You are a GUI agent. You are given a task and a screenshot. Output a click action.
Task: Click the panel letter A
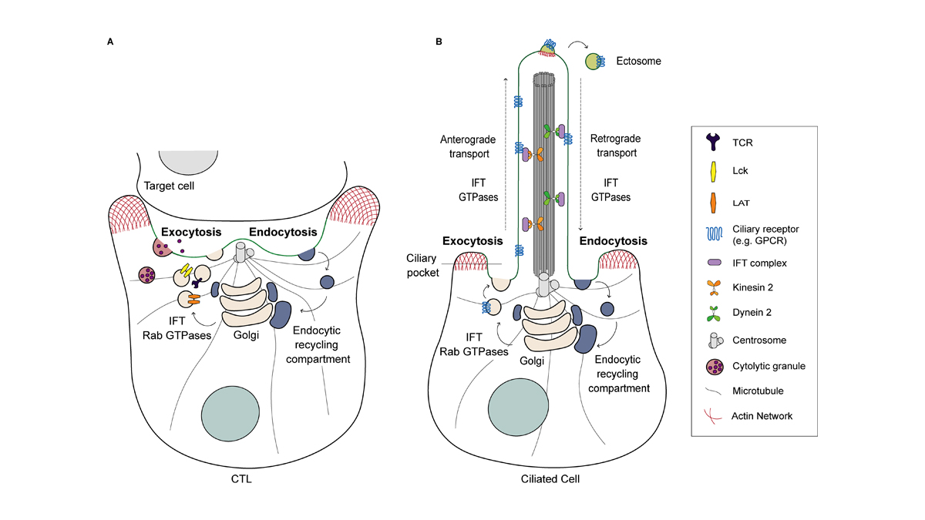(x=109, y=42)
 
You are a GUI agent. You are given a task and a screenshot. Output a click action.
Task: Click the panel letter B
(x=439, y=42)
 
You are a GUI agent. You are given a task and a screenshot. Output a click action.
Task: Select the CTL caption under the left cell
(x=241, y=479)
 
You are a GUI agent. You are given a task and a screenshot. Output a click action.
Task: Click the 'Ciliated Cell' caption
(x=550, y=479)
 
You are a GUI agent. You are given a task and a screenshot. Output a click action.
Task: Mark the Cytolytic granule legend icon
(x=715, y=366)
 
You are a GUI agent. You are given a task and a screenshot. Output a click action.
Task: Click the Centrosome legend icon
(x=715, y=340)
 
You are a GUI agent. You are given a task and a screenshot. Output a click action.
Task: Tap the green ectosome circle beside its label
(x=595, y=61)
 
